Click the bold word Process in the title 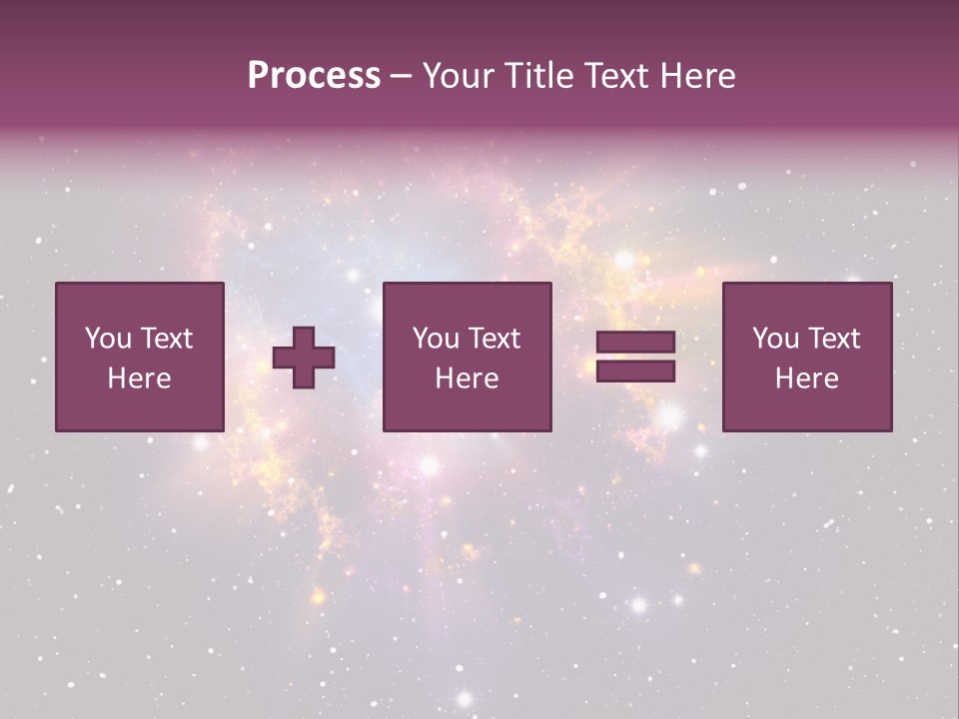[x=314, y=75]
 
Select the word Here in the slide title [x=695, y=75]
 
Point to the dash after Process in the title [x=401, y=77]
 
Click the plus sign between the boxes [x=304, y=359]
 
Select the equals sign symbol [x=635, y=357]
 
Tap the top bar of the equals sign [x=635, y=343]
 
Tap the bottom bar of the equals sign [x=635, y=371]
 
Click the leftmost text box [x=139, y=357]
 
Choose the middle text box [x=467, y=357]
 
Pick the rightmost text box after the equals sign [x=806, y=357]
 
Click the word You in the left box [x=108, y=339]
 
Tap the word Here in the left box [x=139, y=378]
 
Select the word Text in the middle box [x=493, y=339]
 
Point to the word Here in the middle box [x=467, y=378]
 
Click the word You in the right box [x=775, y=339]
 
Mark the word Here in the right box [x=806, y=378]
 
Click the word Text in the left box [x=166, y=339]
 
